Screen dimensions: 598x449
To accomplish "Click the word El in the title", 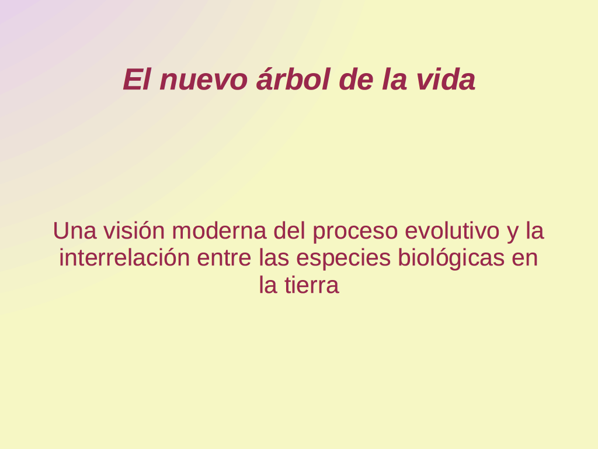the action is (136, 80).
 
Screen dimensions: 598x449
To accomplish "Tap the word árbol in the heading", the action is (293, 79).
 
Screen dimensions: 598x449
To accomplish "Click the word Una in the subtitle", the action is (74, 231).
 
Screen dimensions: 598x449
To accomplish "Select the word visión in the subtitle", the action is (134, 230).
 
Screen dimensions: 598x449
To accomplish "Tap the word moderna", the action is (219, 231).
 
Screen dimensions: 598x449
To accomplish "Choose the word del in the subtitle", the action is (289, 230).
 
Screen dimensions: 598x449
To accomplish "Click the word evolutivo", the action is (452, 231).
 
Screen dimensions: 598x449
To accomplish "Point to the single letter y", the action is (512, 233).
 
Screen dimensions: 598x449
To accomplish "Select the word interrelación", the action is (124, 257).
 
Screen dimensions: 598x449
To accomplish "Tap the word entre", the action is (224, 258).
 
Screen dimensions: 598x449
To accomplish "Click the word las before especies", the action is (273, 257).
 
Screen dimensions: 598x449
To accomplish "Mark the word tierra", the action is (312, 285).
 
